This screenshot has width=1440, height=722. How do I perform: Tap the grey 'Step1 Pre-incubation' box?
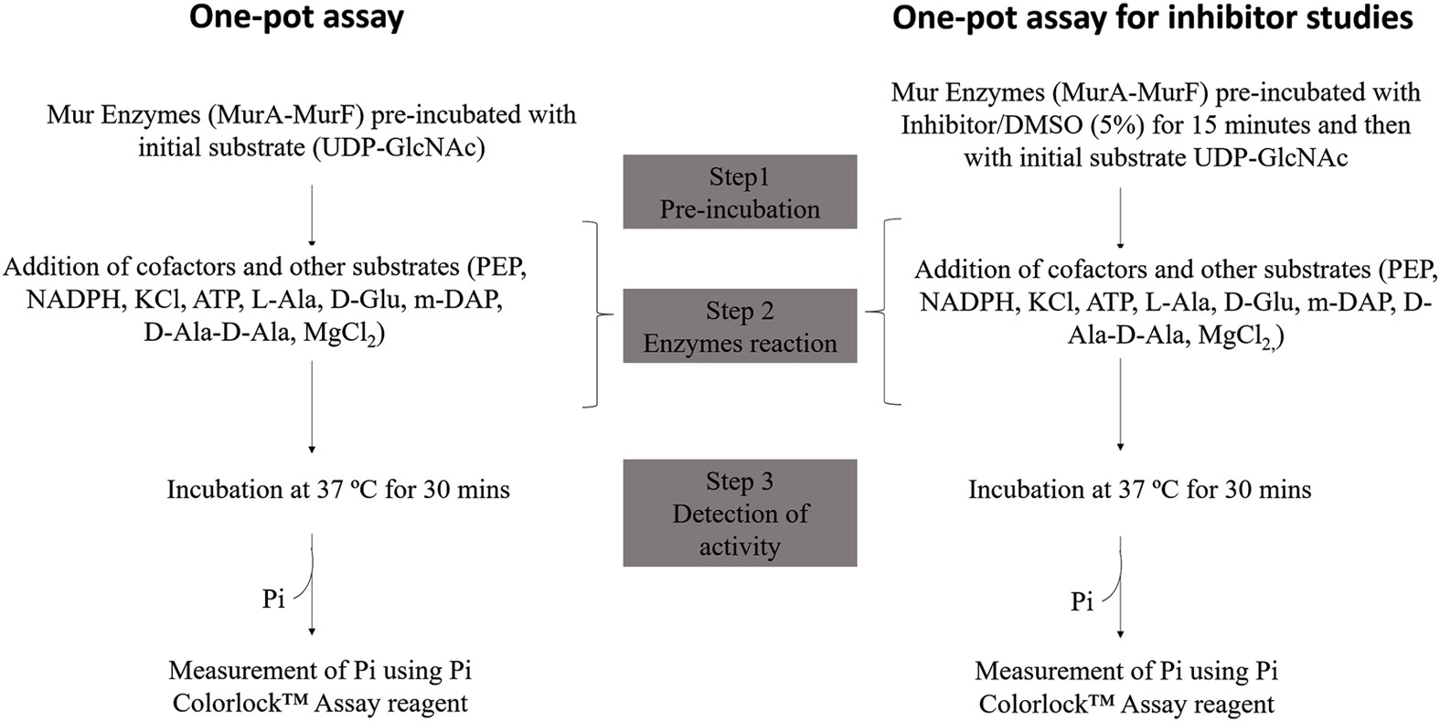(x=740, y=192)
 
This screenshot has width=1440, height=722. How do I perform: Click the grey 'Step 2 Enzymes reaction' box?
(x=740, y=326)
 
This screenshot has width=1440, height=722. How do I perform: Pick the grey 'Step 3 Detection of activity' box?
(x=740, y=513)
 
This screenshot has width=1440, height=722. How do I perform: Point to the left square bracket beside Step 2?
(x=599, y=313)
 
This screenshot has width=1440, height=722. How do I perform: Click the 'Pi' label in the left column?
(x=273, y=600)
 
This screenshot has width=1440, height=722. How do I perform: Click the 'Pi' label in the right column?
(x=1082, y=602)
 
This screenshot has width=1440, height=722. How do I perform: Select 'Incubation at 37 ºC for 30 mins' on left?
(x=337, y=490)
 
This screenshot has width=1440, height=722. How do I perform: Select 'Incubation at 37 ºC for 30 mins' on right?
(x=1139, y=490)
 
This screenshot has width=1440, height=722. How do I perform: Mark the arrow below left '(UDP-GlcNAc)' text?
(x=312, y=214)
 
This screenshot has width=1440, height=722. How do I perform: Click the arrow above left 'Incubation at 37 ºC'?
(x=312, y=406)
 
